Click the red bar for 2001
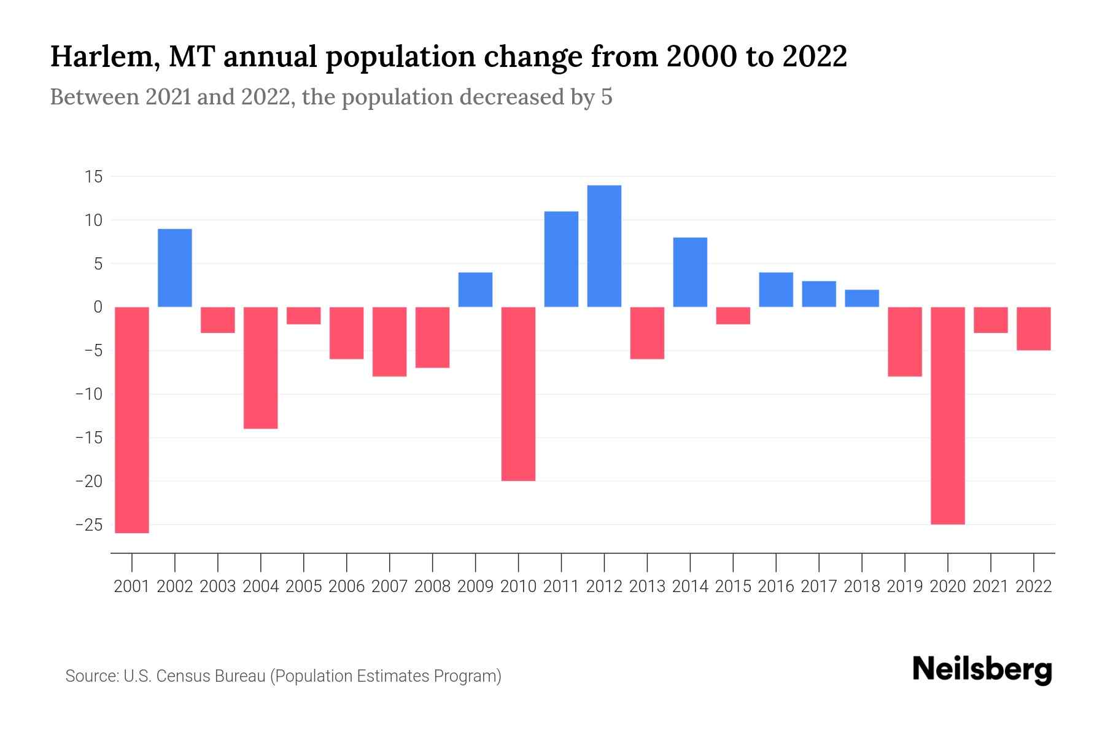pos(132,419)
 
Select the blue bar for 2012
pos(604,246)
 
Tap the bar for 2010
pos(518,394)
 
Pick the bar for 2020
pos(948,415)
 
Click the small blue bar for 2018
pos(862,298)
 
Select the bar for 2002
pos(175,268)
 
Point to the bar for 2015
pos(733,316)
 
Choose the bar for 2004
pos(261,367)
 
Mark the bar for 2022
pos(1034,329)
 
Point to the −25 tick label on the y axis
pos(88,525)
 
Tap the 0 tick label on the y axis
pos(98,307)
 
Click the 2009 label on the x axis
pos(475,587)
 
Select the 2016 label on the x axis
pos(776,587)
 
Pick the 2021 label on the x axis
pos(991,587)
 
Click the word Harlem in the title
pos(102,57)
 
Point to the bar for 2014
pos(690,272)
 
